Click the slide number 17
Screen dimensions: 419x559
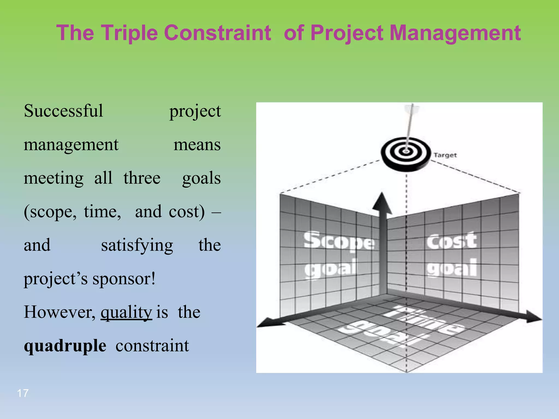[x=23, y=393]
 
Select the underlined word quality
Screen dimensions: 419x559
[x=126, y=312]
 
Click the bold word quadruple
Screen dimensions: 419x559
[x=65, y=346]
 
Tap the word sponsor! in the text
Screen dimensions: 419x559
[x=124, y=279]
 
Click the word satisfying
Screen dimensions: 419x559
[x=137, y=245]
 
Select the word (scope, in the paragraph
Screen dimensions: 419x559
[x=50, y=212]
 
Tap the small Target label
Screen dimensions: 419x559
[x=445, y=155]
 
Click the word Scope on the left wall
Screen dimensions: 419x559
[x=339, y=241]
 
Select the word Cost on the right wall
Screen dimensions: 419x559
[x=452, y=241]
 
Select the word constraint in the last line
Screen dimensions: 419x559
[x=152, y=346]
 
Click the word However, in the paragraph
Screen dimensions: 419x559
[x=60, y=312]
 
